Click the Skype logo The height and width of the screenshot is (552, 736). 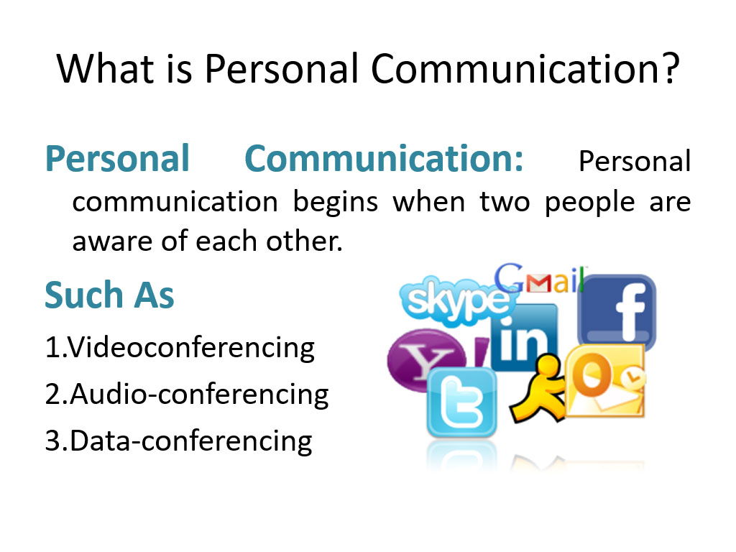454,300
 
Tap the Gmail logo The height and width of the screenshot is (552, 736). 540,279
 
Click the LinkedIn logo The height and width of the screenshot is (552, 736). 524,336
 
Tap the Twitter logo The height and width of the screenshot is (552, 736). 461,402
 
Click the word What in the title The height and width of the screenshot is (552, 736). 105,68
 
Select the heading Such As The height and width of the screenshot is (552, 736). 109,295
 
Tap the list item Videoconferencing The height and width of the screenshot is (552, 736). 180,349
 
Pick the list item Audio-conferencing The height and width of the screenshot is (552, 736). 187,395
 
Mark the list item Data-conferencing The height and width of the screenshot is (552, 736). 179,441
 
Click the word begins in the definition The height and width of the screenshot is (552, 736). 335,203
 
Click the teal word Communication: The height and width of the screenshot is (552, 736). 384,159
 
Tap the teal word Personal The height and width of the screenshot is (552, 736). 117,159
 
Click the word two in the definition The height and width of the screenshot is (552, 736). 505,203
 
